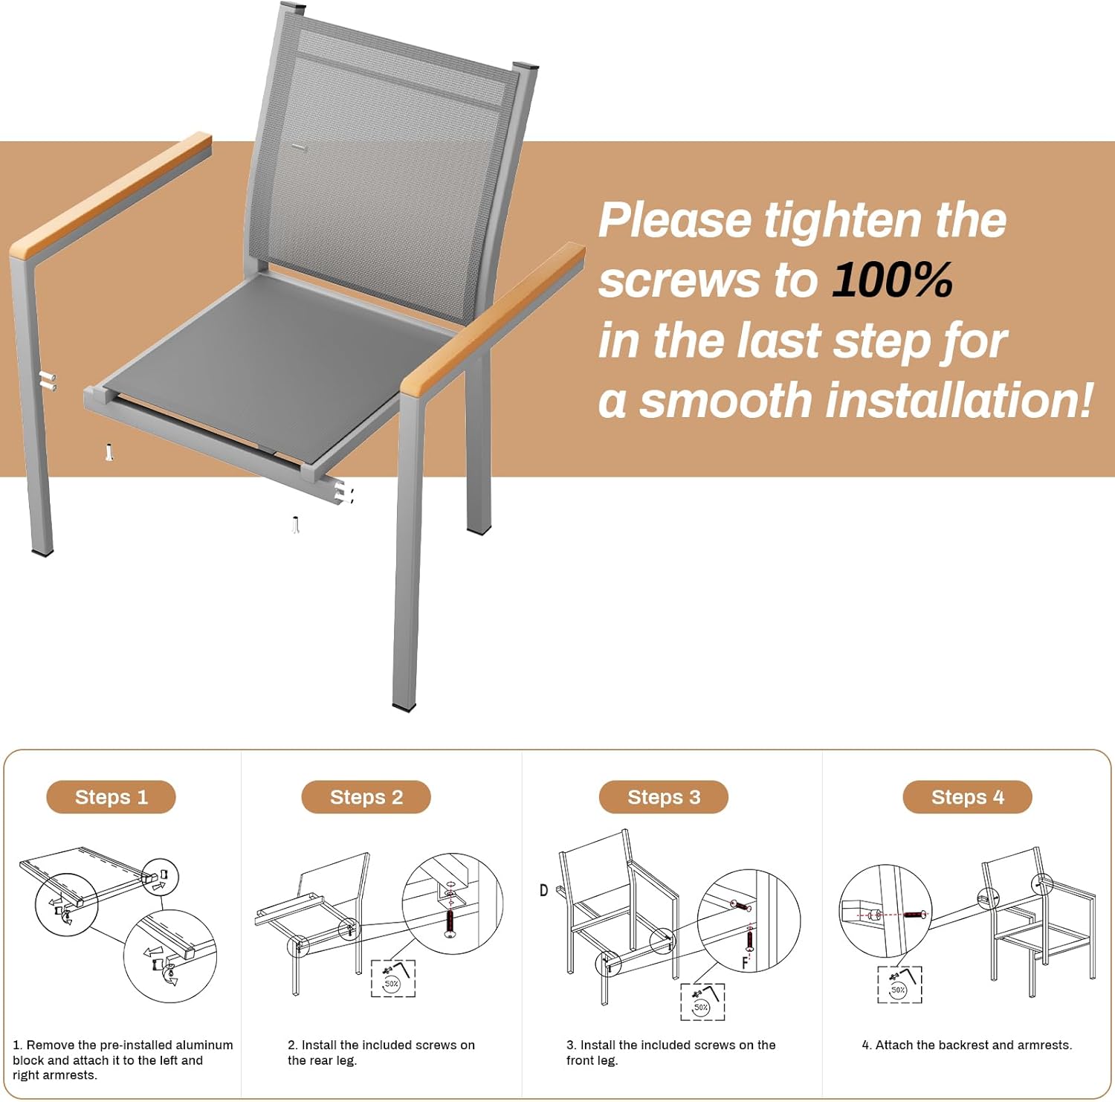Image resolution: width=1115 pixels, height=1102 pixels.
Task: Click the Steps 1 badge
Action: click(x=111, y=797)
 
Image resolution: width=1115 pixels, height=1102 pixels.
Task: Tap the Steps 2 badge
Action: click(x=366, y=797)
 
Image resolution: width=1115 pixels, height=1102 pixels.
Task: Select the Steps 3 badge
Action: click(x=664, y=797)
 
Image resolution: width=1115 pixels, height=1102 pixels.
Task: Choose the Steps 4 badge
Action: click(x=967, y=797)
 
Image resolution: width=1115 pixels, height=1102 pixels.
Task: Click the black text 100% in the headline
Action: click(x=892, y=280)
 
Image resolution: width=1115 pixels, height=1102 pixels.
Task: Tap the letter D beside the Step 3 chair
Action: click(x=544, y=890)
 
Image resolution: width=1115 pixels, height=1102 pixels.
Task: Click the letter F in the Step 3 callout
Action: click(x=745, y=963)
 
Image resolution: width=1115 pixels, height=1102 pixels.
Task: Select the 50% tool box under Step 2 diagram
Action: click(x=393, y=978)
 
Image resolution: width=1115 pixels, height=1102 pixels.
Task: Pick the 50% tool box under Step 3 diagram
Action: click(x=702, y=1002)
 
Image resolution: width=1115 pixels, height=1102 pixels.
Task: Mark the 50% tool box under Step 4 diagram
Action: click(x=899, y=985)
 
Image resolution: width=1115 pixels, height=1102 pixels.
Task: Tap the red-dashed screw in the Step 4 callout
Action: click(x=914, y=914)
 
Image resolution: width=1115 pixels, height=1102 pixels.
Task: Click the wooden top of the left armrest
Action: click(x=111, y=193)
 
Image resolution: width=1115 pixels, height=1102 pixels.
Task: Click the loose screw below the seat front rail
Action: click(x=296, y=525)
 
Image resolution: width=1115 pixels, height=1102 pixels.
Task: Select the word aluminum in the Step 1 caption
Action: click(x=204, y=1045)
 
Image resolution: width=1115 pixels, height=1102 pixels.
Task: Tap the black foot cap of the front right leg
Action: click(x=404, y=708)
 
